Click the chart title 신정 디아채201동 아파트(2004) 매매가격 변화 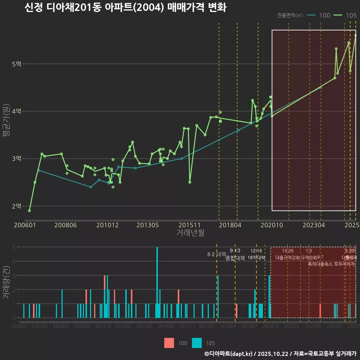coord(125,8)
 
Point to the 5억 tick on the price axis coord(16,64)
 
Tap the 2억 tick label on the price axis coord(16,206)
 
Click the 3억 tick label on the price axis coord(16,159)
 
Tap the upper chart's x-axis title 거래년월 coord(190,232)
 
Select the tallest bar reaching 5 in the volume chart coord(157,282)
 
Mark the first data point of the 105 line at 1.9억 coord(29,211)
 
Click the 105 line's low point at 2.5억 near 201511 coord(190,182)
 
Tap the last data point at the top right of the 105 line coord(355,35)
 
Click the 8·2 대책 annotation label coord(214,254)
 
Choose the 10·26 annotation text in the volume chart coord(288,250)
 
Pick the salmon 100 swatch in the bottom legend coord(169,343)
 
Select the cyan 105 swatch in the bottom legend coord(196,343)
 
